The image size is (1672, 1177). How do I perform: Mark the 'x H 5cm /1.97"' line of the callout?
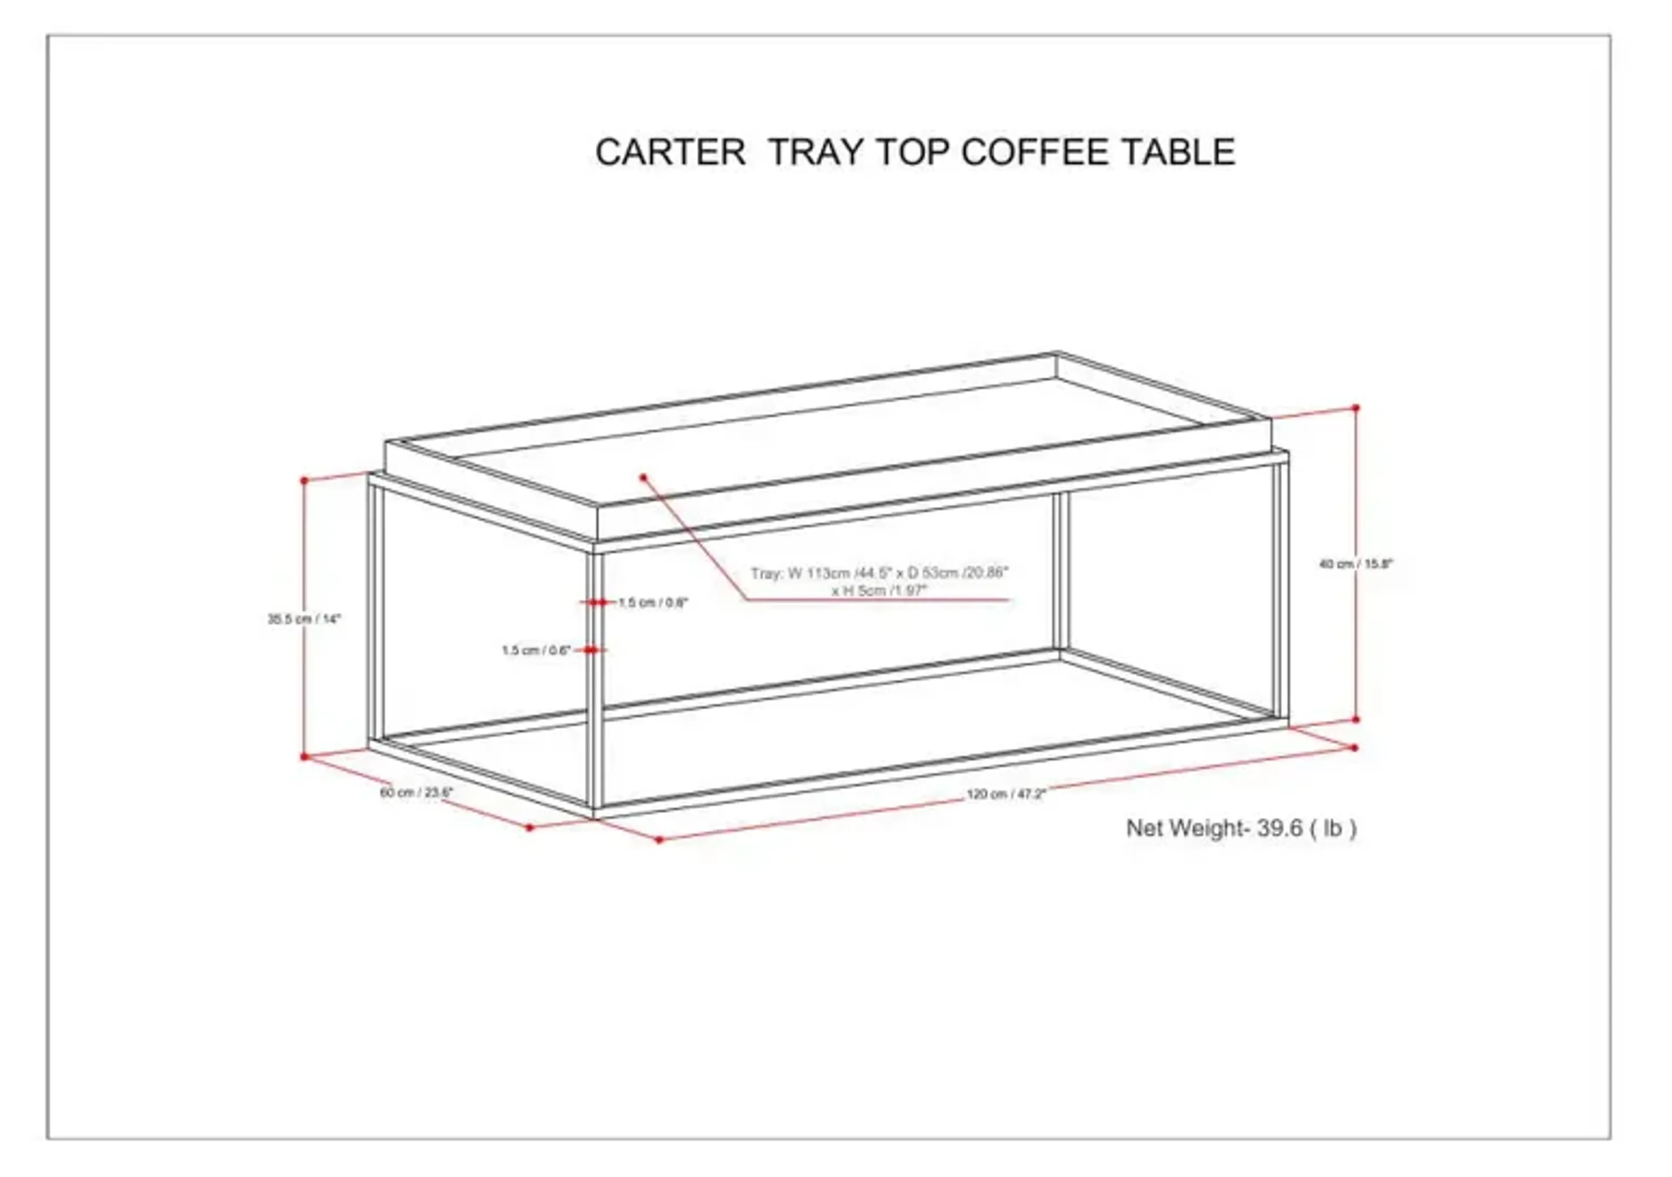[880, 591]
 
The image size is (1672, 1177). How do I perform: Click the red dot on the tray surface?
[644, 478]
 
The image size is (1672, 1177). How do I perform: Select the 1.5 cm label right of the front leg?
[653, 603]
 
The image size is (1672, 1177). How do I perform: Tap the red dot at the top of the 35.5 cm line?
[304, 481]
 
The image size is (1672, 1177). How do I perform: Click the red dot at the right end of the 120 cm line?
[1355, 747]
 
